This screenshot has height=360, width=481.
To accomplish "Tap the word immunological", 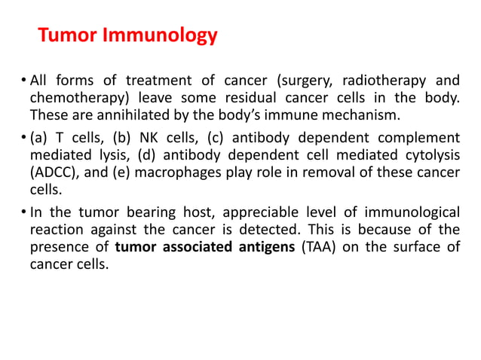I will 411,212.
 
